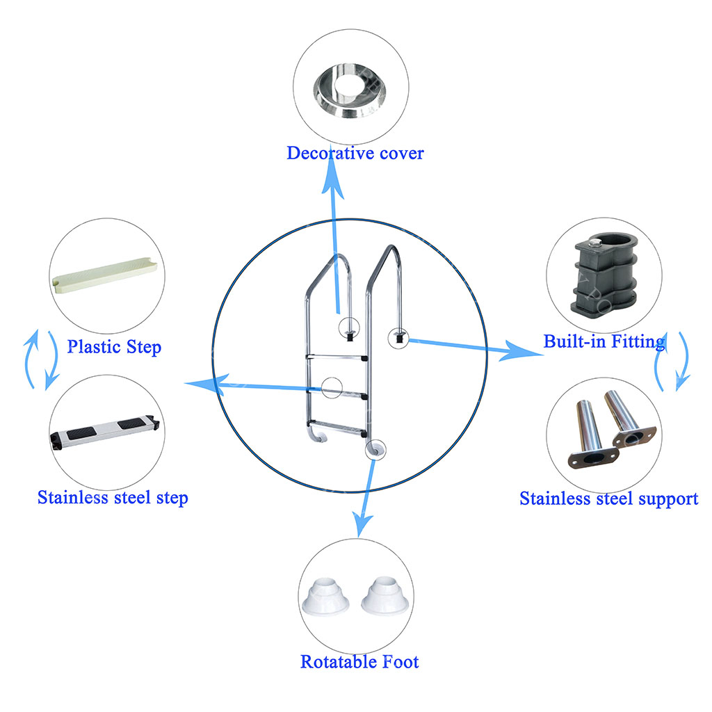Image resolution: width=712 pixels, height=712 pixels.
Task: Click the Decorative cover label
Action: (x=355, y=154)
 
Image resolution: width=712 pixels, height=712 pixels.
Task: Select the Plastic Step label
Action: (x=114, y=347)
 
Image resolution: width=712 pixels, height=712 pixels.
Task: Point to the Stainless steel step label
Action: (x=113, y=498)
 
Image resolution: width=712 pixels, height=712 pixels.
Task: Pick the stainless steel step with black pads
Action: (x=105, y=431)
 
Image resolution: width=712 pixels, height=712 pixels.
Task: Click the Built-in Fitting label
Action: (x=604, y=341)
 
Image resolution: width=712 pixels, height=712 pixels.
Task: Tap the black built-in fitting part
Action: (x=606, y=275)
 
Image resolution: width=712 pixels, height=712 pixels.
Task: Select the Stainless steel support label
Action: (x=609, y=499)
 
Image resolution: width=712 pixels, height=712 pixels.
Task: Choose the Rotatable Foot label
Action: (x=359, y=662)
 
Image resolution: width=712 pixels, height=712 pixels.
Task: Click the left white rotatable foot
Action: (x=325, y=597)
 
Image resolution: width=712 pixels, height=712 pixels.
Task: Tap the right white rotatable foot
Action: (x=385, y=596)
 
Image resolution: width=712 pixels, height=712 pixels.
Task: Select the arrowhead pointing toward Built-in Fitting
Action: (x=520, y=350)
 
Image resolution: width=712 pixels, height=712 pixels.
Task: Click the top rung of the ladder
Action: (x=337, y=357)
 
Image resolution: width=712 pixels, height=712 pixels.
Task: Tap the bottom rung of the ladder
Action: (x=337, y=428)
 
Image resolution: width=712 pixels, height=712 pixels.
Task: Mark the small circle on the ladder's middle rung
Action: (x=332, y=388)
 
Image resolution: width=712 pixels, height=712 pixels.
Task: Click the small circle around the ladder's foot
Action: (x=375, y=450)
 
